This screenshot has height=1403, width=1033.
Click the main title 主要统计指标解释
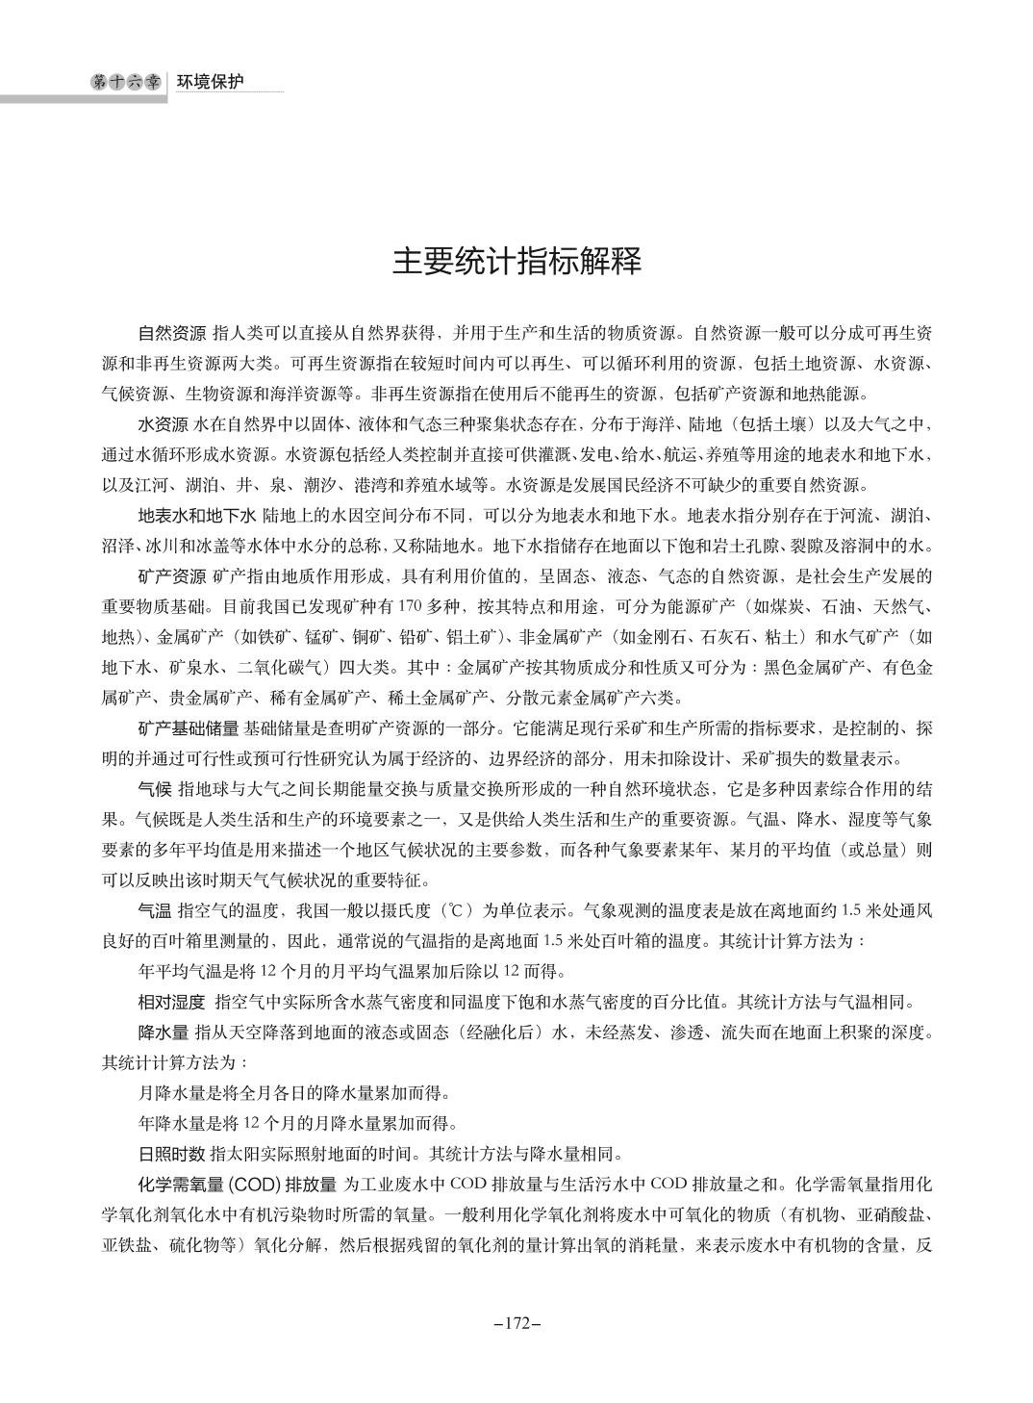pos(516,261)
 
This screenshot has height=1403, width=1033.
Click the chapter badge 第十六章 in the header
pos(126,83)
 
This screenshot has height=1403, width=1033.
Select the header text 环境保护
pos(210,83)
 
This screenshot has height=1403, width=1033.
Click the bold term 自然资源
pos(172,334)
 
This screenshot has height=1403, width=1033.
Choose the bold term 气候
pos(156,788)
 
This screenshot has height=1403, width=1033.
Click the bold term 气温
pos(156,909)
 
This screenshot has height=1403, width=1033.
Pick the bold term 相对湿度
pos(172,1002)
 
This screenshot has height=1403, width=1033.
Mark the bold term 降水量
pos(164,1033)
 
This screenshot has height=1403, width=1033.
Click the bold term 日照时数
pos(172,1153)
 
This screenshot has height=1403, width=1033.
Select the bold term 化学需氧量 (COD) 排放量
pos(237,1184)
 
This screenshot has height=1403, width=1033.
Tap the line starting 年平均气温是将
pos(353,970)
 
